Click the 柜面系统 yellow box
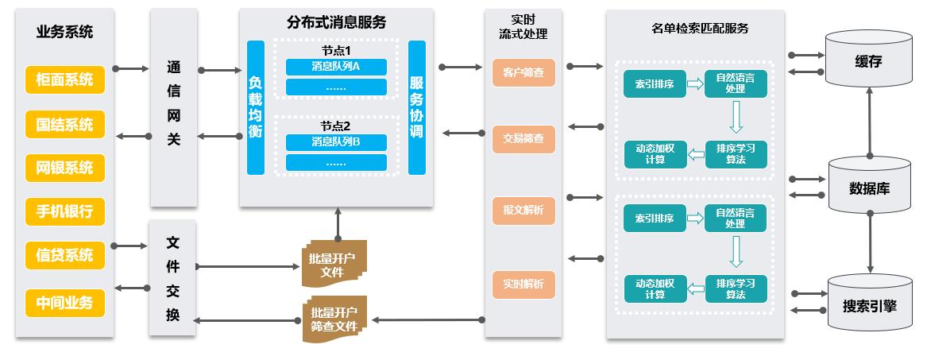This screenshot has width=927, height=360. (x=65, y=79)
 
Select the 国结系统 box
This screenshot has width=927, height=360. (x=65, y=125)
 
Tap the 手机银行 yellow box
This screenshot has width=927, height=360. (x=65, y=211)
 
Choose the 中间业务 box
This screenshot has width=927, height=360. (x=65, y=302)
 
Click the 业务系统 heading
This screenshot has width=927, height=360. (x=65, y=33)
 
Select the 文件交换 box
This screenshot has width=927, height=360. (x=173, y=278)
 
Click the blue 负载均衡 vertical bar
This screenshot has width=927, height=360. (x=255, y=107)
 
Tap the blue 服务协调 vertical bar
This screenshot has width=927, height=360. (x=416, y=107)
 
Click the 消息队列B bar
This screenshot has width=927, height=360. (x=336, y=143)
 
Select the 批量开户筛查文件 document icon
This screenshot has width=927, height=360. (x=334, y=319)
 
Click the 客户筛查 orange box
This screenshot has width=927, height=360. (x=523, y=72)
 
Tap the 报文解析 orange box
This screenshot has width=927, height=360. (x=523, y=211)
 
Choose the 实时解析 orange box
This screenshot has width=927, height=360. (x=523, y=284)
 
